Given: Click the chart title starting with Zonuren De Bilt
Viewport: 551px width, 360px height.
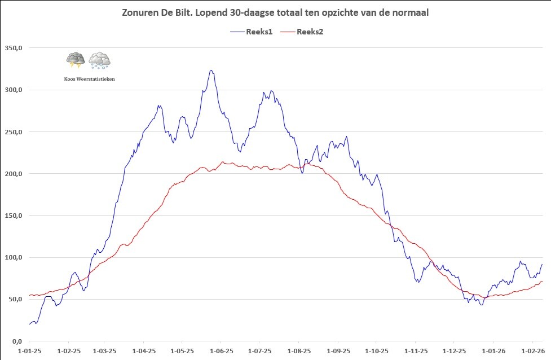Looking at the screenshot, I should click(275, 13).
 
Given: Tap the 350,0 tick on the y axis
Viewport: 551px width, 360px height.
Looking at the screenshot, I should click(12, 48).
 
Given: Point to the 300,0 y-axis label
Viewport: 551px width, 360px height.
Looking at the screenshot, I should click(12, 90).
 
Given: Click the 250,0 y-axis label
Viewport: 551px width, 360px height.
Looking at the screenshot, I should click(12, 132).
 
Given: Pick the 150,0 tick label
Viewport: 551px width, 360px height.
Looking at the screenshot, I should click(12, 216).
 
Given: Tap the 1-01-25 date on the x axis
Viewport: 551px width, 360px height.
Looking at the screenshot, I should click(29, 350).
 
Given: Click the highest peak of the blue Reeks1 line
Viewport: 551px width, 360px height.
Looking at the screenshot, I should click(211, 71).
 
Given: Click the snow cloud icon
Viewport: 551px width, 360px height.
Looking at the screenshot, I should click(99, 60).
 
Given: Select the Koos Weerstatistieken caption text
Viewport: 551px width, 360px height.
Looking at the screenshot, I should click(90, 80).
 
